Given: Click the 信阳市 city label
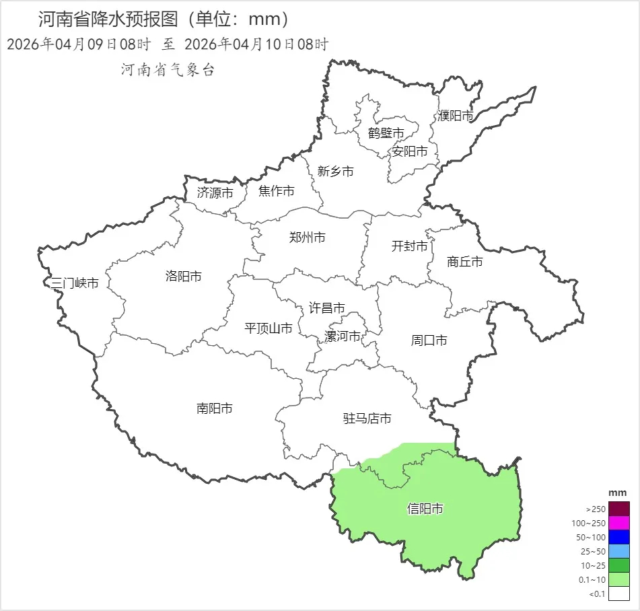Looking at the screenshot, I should (425, 509).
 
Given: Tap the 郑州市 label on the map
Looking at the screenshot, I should (308, 238).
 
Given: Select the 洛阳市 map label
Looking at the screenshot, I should (183, 277).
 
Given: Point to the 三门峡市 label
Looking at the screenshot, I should (75, 283).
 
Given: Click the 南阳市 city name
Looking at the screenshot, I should (215, 408).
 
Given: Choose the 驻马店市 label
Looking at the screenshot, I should (367, 419).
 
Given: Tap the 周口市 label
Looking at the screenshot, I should (429, 340).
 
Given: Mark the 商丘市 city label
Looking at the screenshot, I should (465, 262).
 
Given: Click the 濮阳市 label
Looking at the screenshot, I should (456, 116).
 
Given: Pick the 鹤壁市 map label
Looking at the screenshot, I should (386, 133).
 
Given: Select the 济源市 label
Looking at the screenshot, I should (215, 193).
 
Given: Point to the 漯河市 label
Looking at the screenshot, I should (343, 336).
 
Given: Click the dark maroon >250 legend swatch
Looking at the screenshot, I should (619, 509).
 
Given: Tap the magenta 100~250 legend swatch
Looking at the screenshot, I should (619, 523).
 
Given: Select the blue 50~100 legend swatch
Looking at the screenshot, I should (619, 537).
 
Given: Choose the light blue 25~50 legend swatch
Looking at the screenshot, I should (619, 551).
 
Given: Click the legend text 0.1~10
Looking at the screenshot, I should (592, 579).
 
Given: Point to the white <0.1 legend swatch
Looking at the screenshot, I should (619, 594).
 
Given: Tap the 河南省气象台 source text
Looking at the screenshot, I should (168, 69).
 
